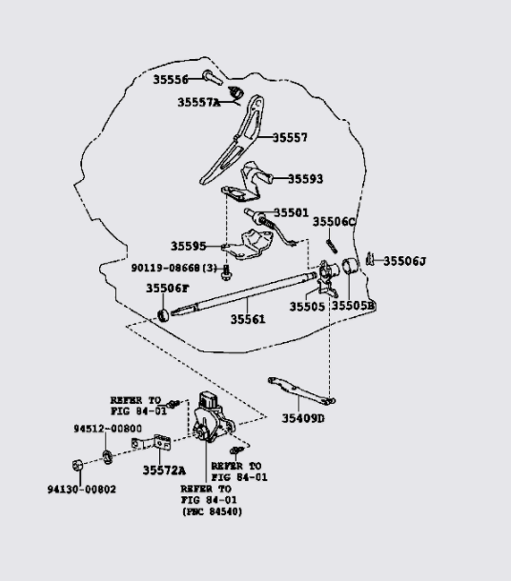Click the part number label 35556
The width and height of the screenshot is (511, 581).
tap(171, 79)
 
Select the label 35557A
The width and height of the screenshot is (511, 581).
tap(198, 102)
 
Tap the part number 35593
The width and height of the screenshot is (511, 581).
tap(306, 179)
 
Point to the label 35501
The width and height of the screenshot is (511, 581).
tap(291, 212)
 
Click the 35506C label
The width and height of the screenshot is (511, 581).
tap(334, 222)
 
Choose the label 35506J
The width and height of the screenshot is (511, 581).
tap(404, 261)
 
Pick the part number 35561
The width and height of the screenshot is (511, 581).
tap(248, 319)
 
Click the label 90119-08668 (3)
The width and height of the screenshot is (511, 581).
tap(174, 268)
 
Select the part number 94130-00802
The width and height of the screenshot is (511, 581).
tap(82, 490)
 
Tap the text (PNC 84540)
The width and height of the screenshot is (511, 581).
tap(212, 511)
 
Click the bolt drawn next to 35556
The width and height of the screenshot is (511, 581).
tap(213, 77)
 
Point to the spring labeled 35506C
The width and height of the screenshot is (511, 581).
tap(332, 246)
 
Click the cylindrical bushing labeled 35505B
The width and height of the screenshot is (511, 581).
tap(350, 266)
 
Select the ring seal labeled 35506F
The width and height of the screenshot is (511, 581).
tap(164, 315)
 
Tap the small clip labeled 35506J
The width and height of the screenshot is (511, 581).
tap(369, 259)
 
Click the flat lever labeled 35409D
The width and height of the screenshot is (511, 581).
tap(301, 391)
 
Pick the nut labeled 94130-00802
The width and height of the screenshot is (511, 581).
tap(77, 465)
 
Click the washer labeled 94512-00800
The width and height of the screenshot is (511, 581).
tap(108, 457)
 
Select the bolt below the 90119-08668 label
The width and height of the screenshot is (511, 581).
tap(225, 274)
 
